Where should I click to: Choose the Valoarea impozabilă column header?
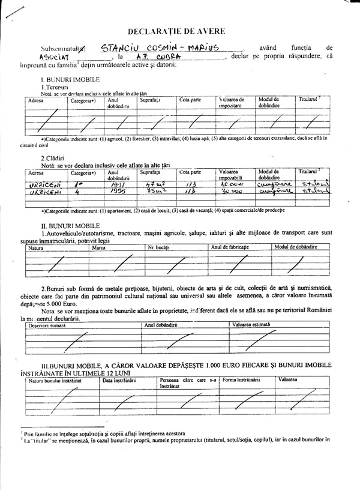[x=232, y=175]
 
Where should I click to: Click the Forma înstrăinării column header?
[x=241, y=380]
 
